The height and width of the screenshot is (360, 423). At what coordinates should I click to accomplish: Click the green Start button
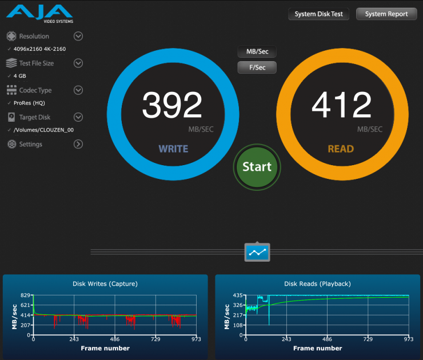[x=257, y=167]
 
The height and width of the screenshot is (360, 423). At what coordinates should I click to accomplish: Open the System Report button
[x=386, y=14]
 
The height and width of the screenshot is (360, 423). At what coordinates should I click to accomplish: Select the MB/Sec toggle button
[x=257, y=51]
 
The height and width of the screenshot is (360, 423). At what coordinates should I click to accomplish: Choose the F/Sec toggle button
[x=257, y=67]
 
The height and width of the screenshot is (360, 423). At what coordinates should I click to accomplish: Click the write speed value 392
[x=171, y=106]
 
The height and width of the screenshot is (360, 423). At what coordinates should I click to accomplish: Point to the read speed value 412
[x=341, y=106]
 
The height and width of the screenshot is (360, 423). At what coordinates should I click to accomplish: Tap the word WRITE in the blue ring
[x=173, y=149]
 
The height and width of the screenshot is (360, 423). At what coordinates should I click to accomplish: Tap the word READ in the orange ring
[x=341, y=149]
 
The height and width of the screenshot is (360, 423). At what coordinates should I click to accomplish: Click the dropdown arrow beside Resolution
[x=79, y=36]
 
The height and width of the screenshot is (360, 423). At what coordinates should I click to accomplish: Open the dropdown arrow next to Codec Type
[x=79, y=90]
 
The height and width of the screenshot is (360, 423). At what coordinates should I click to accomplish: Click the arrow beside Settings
[x=79, y=144]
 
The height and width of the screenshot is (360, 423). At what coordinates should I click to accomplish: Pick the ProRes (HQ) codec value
[x=29, y=103]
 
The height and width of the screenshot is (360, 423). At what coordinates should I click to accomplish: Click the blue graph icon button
[x=257, y=251]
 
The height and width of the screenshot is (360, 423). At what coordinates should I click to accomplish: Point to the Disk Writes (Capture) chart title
[x=105, y=283]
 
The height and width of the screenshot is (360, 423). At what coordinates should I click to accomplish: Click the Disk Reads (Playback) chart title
[x=317, y=283]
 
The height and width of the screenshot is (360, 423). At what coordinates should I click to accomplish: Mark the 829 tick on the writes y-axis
[x=25, y=295]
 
